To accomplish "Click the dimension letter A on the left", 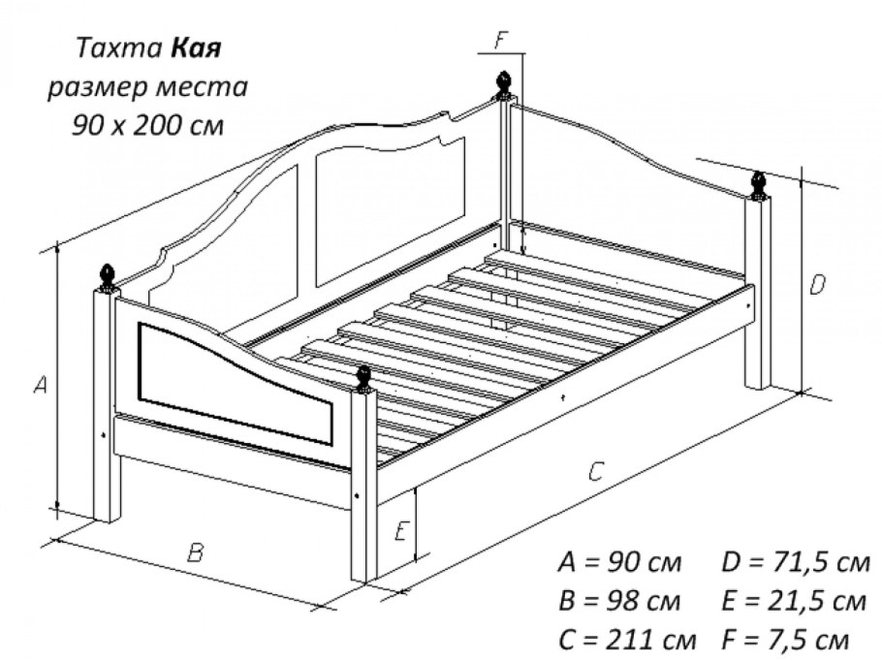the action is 41,385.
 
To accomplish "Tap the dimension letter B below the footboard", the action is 195,552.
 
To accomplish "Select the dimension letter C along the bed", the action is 596,472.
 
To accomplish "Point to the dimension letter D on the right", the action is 817,285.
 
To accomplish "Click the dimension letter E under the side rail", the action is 401,531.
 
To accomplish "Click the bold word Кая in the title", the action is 196,48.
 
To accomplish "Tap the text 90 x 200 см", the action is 148,125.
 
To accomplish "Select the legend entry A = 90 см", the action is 620,562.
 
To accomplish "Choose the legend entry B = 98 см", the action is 620,601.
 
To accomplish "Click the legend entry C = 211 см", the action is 628,640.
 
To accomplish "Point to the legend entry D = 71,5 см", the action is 796,562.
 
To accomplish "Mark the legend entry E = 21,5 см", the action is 794,601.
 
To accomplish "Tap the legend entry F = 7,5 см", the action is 785,640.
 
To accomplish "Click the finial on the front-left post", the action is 107,278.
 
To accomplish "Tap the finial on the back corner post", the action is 505,85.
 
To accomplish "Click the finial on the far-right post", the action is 759,185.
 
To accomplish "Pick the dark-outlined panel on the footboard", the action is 235,384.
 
